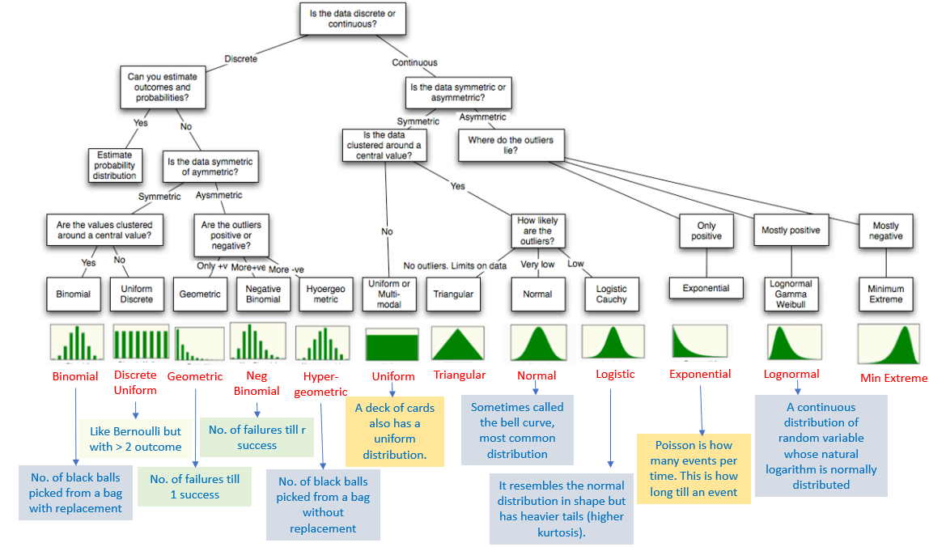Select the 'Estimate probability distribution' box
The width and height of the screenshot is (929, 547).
(x=114, y=165)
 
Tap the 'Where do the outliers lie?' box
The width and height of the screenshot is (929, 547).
(x=511, y=145)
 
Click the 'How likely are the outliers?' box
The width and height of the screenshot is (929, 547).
(x=537, y=231)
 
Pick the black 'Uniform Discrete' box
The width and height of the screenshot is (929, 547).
(x=136, y=295)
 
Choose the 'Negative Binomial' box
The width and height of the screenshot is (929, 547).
(x=263, y=295)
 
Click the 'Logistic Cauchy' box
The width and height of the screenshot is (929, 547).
(x=611, y=295)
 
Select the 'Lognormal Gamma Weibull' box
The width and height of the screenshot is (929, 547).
(x=791, y=295)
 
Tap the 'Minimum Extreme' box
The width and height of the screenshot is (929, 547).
(x=885, y=295)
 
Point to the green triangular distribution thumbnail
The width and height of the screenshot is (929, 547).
(x=458, y=343)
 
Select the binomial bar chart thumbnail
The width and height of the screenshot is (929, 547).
(x=77, y=342)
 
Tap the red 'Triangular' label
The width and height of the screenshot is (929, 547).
(x=460, y=375)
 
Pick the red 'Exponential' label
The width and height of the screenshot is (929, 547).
(x=700, y=374)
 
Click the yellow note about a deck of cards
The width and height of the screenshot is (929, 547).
(x=396, y=431)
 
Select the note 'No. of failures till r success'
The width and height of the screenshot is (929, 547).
(x=257, y=438)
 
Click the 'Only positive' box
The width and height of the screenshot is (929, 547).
(x=706, y=231)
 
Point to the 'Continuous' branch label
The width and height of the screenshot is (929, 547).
(x=414, y=62)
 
